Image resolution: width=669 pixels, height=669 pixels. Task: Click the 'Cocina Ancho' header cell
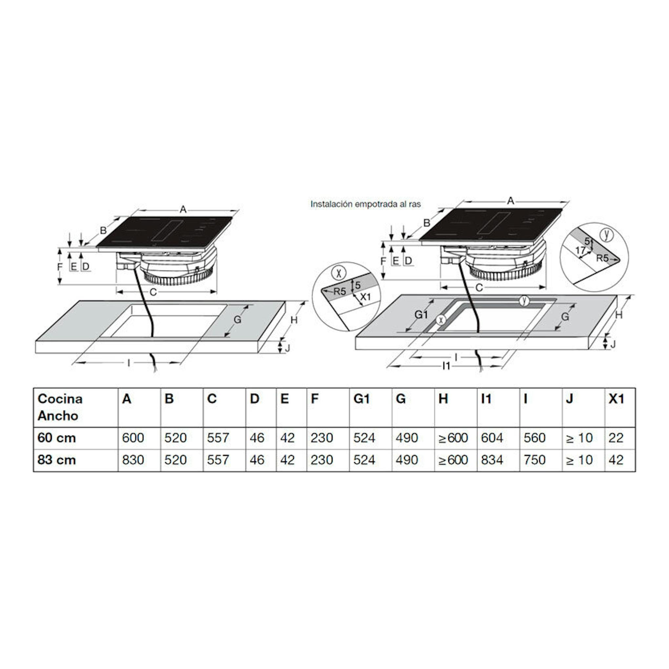[x=60, y=407]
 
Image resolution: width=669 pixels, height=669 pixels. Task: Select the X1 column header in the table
[x=617, y=399]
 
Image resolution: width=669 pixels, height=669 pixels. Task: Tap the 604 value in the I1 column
[x=492, y=438]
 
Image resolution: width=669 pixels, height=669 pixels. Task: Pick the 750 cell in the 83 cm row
[x=535, y=460]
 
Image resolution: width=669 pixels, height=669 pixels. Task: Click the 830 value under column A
[x=133, y=460]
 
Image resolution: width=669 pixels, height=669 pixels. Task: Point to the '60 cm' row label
[x=56, y=438]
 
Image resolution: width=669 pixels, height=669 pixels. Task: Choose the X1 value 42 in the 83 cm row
[x=616, y=460]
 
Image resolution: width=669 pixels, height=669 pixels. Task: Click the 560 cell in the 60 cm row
[x=535, y=438]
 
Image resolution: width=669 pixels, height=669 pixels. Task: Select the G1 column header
[x=361, y=399]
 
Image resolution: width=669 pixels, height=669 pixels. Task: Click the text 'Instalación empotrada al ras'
[x=366, y=204]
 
